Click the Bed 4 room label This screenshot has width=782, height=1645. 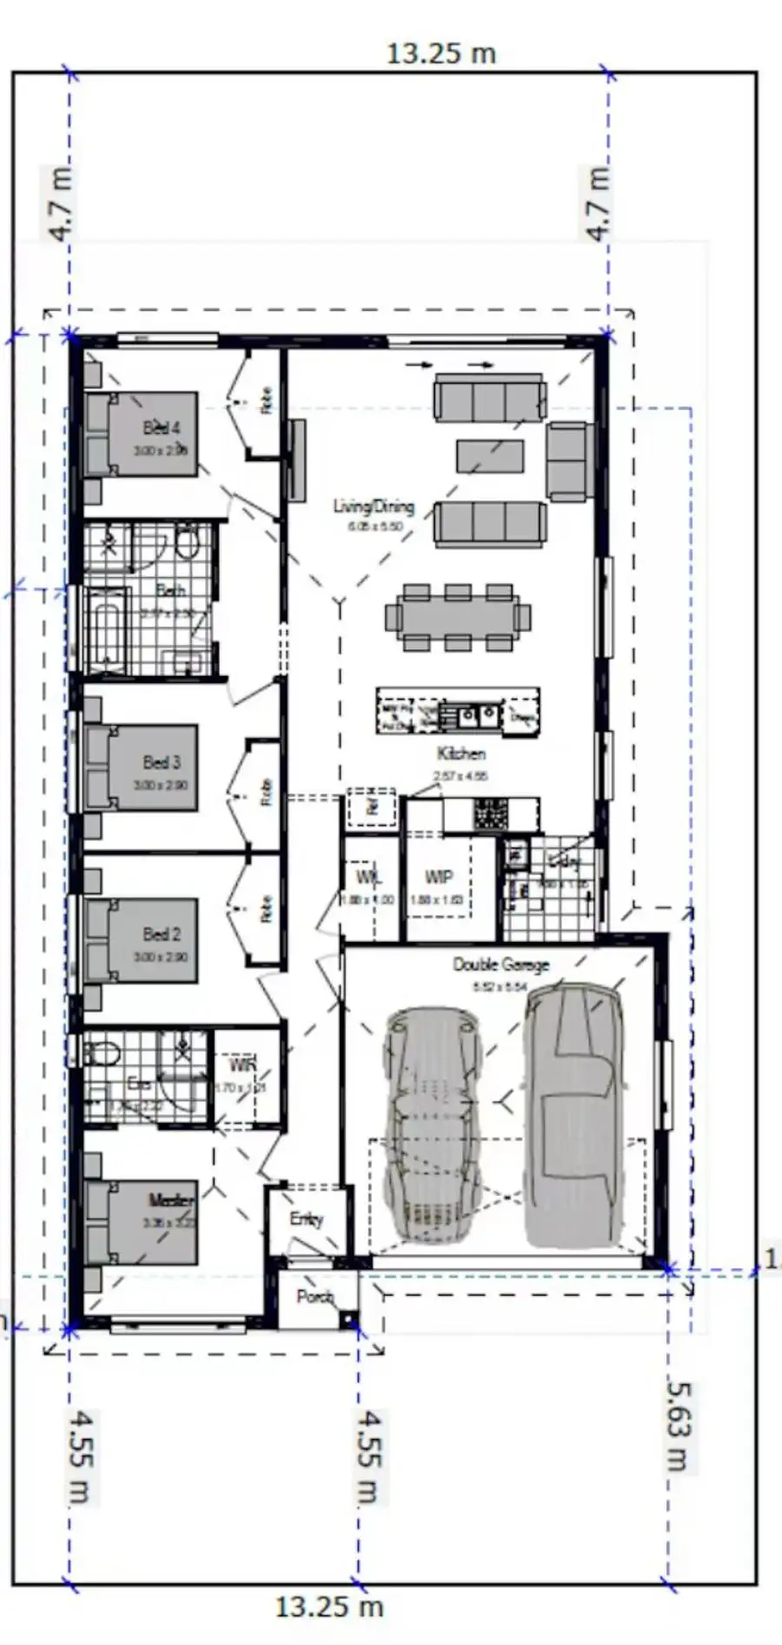pyautogui.click(x=162, y=428)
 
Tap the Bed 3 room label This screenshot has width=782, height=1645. pyautogui.click(x=162, y=762)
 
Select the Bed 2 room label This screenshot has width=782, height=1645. pyautogui.click(x=162, y=934)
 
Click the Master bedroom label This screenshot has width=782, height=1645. pyautogui.click(x=171, y=1200)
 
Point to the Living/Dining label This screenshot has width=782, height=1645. pyautogui.click(x=374, y=506)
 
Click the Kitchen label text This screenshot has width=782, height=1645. pyautogui.click(x=461, y=753)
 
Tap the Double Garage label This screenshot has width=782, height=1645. pyautogui.click(x=500, y=965)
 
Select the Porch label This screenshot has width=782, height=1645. pyautogui.click(x=315, y=1297)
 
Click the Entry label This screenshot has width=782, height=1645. pyautogui.click(x=306, y=1219)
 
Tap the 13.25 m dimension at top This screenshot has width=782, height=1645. pyautogui.click(x=441, y=54)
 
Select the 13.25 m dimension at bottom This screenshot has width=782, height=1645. pyautogui.click(x=329, y=1606)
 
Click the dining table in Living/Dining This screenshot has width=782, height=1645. pyautogui.click(x=457, y=617)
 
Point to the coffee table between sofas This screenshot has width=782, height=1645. pyautogui.click(x=490, y=455)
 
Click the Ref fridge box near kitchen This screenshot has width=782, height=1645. pyautogui.click(x=372, y=806)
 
